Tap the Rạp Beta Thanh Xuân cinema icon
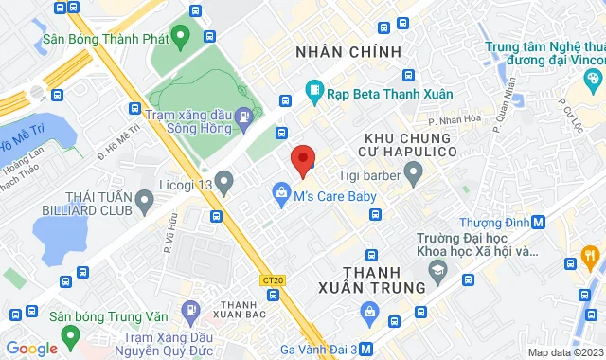[x=313, y=93]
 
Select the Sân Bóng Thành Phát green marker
[x=182, y=39]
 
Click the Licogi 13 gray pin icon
[x=223, y=179]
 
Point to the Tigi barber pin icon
[x=413, y=171]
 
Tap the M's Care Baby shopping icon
[x=281, y=196]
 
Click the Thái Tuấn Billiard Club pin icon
[x=145, y=200]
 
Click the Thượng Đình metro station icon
[x=538, y=222]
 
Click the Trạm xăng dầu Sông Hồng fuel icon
[x=244, y=117]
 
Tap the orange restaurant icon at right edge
[x=592, y=254]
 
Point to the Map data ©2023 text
[x=563, y=352]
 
